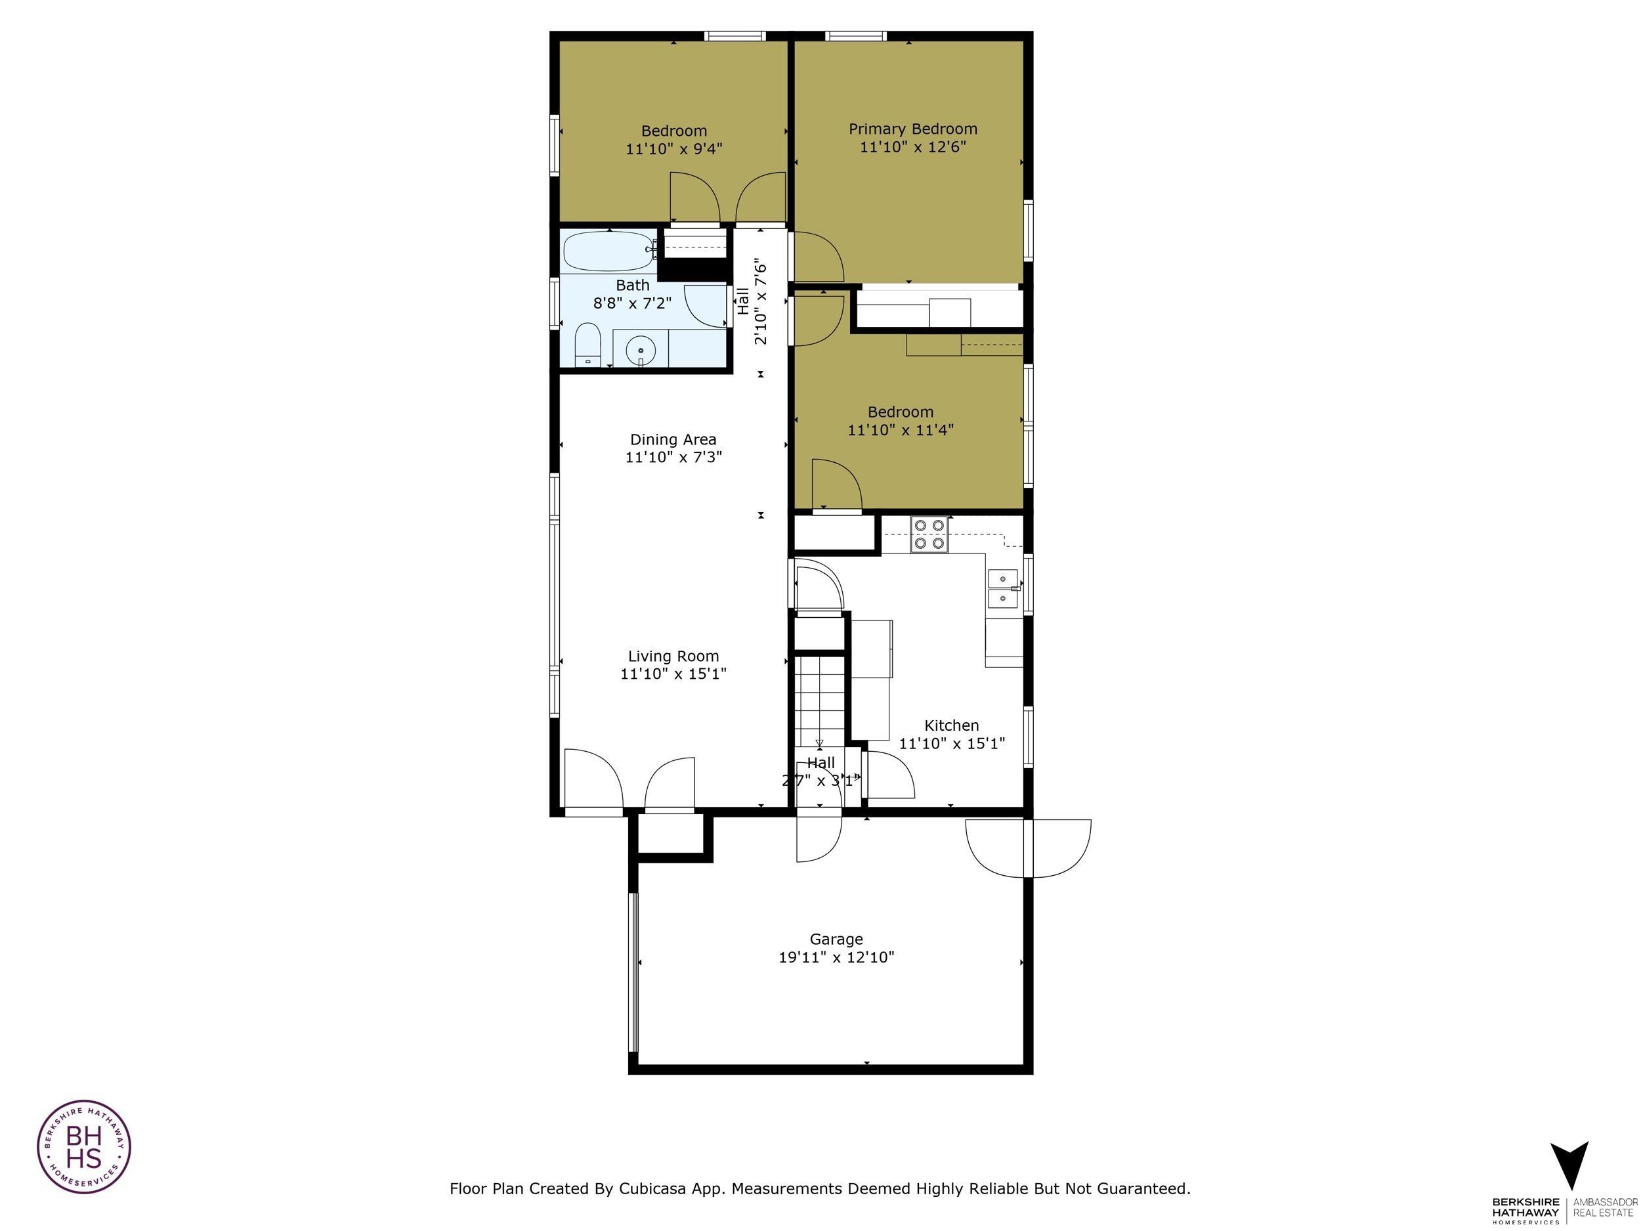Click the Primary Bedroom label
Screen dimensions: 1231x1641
tap(912, 129)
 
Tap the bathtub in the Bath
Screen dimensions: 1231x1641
tap(608, 251)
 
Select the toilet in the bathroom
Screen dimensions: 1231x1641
tap(587, 345)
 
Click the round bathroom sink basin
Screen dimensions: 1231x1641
tap(640, 349)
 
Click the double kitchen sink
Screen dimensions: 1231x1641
tap(1003, 588)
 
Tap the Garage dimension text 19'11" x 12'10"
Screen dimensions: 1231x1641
tap(836, 957)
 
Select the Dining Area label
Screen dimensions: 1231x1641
tap(673, 439)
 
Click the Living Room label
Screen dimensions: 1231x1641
tap(673, 656)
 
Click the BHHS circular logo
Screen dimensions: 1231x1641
tap(84, 1146)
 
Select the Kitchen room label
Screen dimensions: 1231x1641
tap(951, 725)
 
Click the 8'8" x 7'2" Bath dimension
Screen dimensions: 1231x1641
tap(632, 303)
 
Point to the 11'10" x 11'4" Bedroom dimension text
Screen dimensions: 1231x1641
tap(900, 429)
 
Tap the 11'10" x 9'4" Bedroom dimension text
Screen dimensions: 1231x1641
tap(673, 149)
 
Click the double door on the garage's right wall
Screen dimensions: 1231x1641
tap(1028, 848)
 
